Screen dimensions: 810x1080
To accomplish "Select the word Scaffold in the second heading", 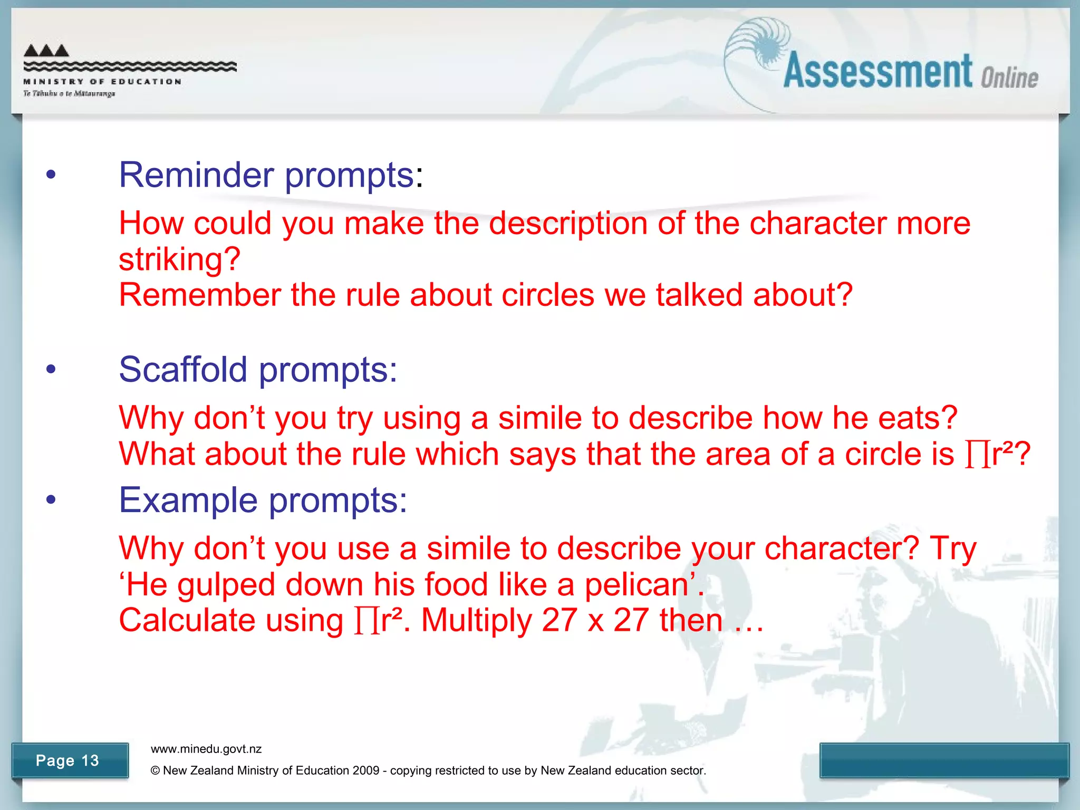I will tap(182, 369).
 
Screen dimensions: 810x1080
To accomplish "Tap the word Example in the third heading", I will tap(188, 500).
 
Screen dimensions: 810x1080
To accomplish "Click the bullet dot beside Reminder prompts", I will tap(51, 175).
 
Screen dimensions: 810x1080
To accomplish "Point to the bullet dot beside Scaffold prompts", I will tap(51, 369).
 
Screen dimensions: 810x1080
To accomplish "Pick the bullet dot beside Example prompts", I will tap(51, 499).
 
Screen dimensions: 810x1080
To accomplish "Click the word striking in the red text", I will tap(179, 259).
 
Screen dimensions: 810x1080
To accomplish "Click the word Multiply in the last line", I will tap(476, 620).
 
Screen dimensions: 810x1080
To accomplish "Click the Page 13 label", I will tap(67, 760).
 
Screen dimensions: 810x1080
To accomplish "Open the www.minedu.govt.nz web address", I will tap(206, 749).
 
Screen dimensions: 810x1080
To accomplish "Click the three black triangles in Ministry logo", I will tap(46, 51).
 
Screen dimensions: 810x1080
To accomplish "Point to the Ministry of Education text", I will tap(102, 82).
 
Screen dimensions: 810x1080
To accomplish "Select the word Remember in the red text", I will tap(200, 295).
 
